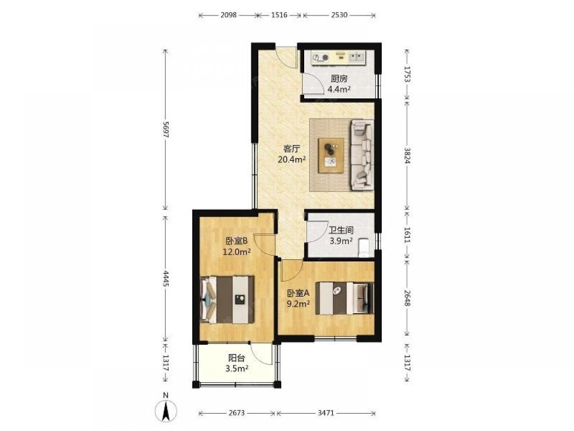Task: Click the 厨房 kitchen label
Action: coord(339,78)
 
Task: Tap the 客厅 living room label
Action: coord(292,149)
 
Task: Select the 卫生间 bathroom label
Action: coord(341,230)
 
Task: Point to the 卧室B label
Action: coord(237,241)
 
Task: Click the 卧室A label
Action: coord(298,293)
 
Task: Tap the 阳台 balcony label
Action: coord(236,358)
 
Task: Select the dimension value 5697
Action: coord(166,129)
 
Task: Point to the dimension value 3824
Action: coord(407,155)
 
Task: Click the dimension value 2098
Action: coord(228,15)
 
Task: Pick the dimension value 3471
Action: coord(325,413)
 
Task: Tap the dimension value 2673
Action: coord(236,413)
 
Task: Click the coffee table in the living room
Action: coord(331,155)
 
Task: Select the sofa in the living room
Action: coord(362,155)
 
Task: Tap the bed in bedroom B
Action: coord(227,299)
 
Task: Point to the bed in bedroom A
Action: coord(344,298)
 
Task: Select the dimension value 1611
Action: coord(407,234)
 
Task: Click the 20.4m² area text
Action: coord(292,159)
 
